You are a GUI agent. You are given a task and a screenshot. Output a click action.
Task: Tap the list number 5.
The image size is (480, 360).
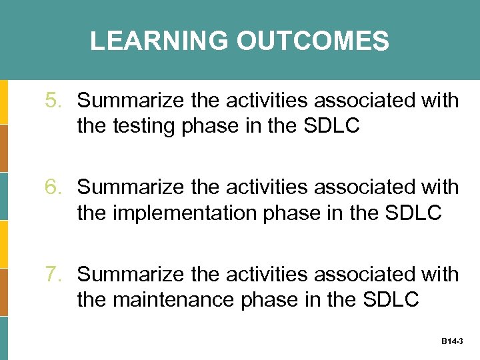click(x=53, y=101)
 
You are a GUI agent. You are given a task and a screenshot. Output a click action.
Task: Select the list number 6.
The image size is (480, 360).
click(x=53, y=187)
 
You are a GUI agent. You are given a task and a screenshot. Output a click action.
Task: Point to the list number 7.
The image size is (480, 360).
click(x=53, y=274)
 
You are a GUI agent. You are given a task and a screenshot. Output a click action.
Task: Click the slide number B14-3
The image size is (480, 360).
click(x=452, y=341)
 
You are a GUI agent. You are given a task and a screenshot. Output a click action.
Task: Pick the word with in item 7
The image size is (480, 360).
click(x=440, y=274)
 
